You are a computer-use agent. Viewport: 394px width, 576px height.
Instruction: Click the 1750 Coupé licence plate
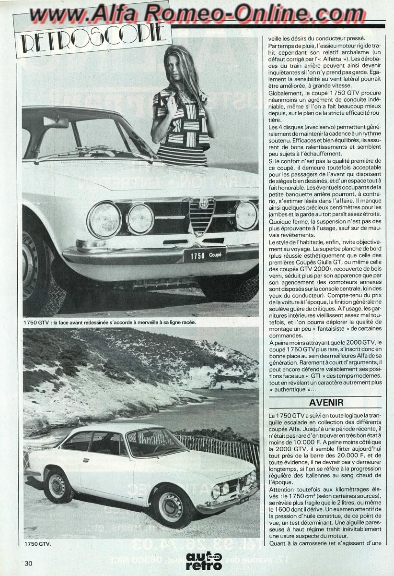pyautogui.click(x=205, y=255)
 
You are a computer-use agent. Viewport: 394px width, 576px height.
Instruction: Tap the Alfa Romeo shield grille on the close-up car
pyautogui.click(x=202, y=216)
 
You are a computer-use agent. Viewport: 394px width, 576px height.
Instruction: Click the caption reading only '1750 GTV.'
pyautogui.click(x=37, y=544)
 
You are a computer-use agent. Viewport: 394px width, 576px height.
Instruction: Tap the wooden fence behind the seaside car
pyautogui.click(x=220, y=446)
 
